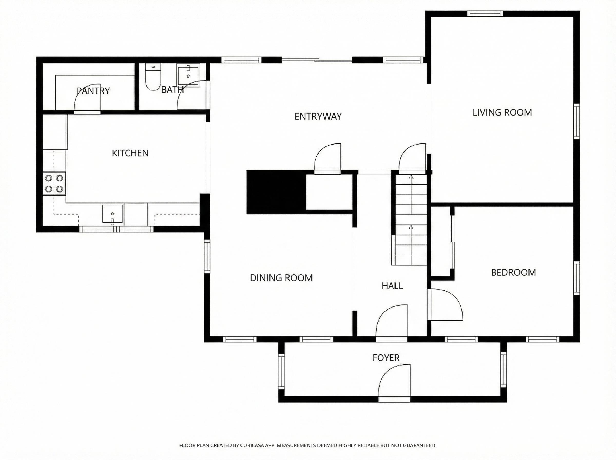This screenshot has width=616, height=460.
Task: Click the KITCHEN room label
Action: [130, 153]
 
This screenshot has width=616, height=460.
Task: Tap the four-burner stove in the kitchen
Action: [54, 184]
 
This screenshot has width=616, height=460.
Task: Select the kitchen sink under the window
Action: [112, 214]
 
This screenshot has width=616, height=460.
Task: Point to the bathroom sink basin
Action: [188, 75]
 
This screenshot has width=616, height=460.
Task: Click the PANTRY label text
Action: [93, 91]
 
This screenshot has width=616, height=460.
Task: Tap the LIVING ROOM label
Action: [502, 112]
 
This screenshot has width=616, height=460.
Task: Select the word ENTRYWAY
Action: [318, 116]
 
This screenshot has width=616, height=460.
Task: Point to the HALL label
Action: [392, 286]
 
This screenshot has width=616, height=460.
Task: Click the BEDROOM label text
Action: [513, 272]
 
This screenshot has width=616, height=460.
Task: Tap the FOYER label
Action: [386, 358]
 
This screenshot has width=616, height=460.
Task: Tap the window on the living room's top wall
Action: [485, 14]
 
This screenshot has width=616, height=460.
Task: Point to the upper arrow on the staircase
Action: [411, 177]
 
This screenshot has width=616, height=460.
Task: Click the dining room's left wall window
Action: [207, 256]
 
